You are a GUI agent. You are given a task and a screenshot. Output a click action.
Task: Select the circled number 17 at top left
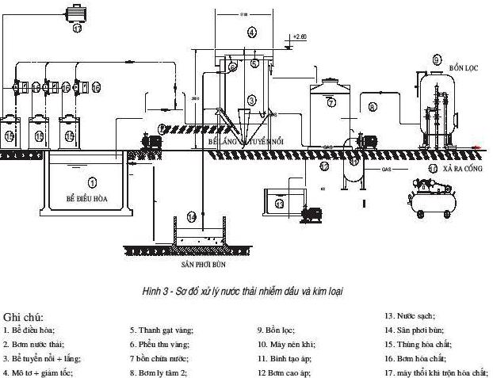(x=78, y=29)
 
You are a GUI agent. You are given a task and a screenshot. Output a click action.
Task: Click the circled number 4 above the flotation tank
(x=251, y=32)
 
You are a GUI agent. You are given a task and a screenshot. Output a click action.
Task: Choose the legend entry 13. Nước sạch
(x=408, y=315)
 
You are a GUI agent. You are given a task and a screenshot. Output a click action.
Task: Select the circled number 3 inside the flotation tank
(x=251, y=101)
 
